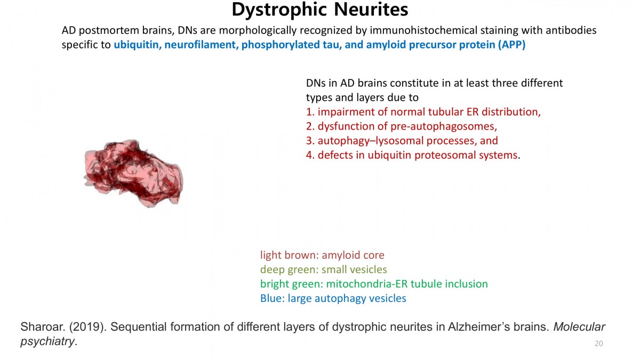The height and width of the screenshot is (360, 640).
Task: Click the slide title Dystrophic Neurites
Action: (319, 10)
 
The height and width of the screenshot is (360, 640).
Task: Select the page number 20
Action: (598, 343)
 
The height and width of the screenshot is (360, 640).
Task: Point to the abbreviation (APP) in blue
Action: (511, 45)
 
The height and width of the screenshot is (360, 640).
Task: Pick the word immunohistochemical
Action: (423, 30)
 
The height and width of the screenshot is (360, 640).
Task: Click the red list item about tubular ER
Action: (423, 111)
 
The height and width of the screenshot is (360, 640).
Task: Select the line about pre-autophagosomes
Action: (402, 126)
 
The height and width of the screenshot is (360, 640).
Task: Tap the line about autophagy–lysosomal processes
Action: (402, 141)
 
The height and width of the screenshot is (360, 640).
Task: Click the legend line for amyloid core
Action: (322, 255)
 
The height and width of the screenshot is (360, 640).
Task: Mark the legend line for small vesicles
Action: (323, 269)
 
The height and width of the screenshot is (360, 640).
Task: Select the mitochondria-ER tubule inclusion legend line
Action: (374, 284)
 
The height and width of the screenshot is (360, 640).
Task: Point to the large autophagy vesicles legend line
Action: (333, 298)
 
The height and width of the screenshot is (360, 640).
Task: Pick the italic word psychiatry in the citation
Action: (47, 341)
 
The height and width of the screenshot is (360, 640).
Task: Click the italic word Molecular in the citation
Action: (579, 327)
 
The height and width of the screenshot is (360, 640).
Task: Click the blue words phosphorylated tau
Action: (291, 45)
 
